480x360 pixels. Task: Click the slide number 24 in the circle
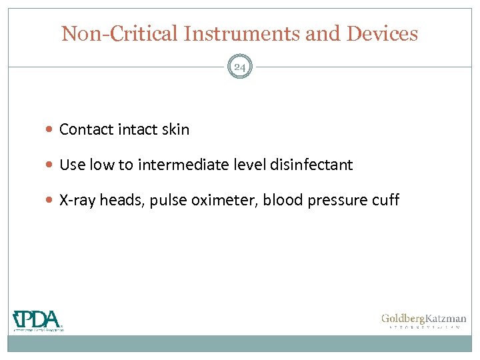[240, 67]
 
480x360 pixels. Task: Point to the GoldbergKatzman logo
[423, 321]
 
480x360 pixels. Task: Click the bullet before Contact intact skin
[51, 130]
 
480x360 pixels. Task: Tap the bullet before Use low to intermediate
[51, 165]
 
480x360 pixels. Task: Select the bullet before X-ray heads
[51, 201]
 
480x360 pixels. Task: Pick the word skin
[175, 130]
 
